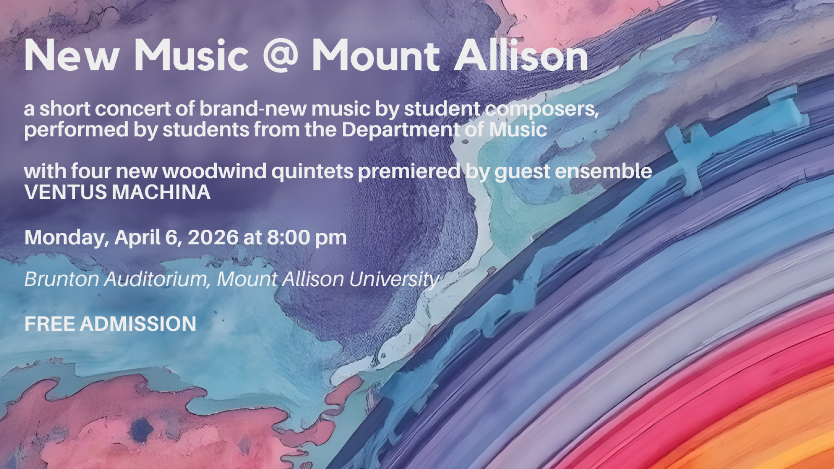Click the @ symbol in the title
click(280, 56)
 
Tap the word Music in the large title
click(192, 55)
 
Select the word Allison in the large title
click(521, 55)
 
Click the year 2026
click(213, 238)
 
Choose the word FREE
click(50, 324)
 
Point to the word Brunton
click(62, 279)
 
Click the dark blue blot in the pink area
click(141, 430)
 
